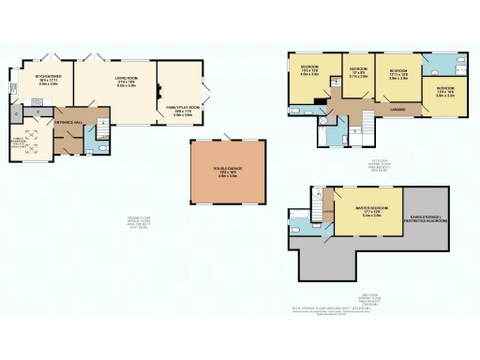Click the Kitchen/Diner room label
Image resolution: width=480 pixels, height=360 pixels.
point(48,80)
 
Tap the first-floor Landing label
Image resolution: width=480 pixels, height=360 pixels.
point(397,110)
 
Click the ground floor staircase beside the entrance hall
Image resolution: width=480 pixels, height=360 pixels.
point(58,141)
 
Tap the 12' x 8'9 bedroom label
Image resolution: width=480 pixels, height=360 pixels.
point(358,73)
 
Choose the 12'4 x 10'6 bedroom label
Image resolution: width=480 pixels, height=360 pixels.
point(443,91)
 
